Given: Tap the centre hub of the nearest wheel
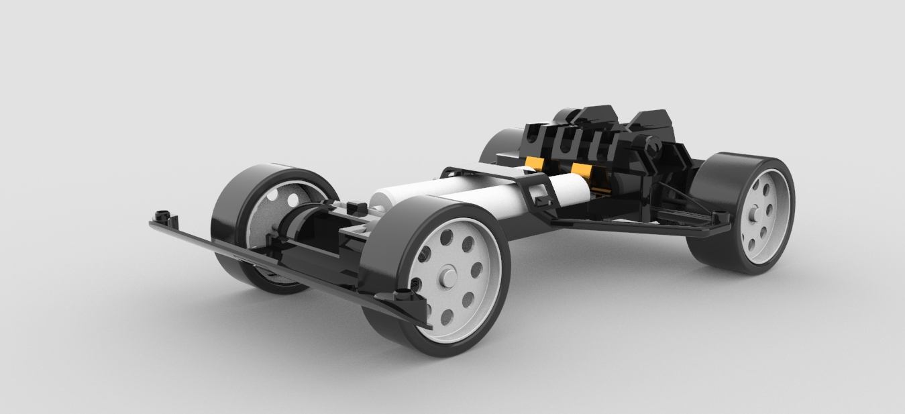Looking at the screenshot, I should [447, 278].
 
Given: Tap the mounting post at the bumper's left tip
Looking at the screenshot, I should [161, 217].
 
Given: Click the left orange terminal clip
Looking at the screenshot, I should [535, 164].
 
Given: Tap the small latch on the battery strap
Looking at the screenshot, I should [541, 195].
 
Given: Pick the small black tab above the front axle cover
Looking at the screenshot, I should [271, 240].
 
